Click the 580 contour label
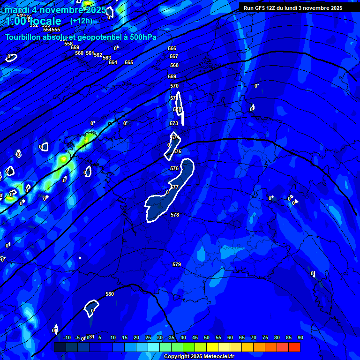[x=110, y=294]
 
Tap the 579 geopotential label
[x=177, y=265]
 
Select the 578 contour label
[x=175, y=215]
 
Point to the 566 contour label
[x=172, y=48]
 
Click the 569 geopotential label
[x=172, y=76]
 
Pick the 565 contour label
[x=129, y=62]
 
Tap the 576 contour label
[x=174, y=168]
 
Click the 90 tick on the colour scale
[x=300, y=337]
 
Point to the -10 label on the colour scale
[x=67, y=337]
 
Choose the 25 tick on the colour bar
[x=148, y=337]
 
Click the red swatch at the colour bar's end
[x=294, y=347]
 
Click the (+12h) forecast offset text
[x=81, y=21]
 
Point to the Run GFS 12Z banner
[x=293, y=8]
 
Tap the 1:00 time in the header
[x=16, y=21]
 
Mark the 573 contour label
[x=174, y=123]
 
